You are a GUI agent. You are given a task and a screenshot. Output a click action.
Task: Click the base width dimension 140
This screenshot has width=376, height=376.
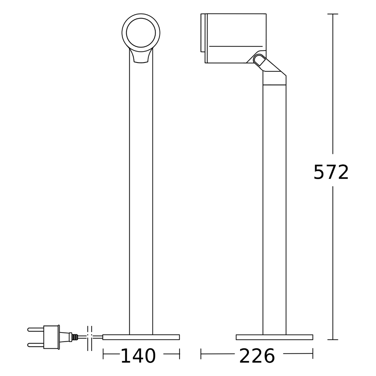pos(138,356)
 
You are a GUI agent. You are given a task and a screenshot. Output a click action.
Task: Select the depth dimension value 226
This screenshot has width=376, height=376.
pos(257,356)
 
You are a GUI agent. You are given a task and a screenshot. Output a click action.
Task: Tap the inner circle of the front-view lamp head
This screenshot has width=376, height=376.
pos(141,33)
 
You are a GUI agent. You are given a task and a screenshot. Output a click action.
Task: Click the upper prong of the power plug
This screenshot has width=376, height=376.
pos(36,329)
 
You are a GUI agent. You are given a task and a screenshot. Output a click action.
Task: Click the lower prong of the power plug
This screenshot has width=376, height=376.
pos(36,345)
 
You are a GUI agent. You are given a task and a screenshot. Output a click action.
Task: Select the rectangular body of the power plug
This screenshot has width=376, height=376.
pos(51,337)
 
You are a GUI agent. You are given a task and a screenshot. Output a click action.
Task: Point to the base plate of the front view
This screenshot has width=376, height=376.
pos(141,337)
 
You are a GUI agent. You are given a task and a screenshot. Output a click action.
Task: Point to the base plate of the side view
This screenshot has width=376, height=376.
pos(274,337)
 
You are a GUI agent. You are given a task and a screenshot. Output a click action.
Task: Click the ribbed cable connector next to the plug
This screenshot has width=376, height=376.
pos(75,337)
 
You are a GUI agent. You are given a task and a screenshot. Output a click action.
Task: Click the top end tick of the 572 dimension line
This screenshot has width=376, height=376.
pos(332,14)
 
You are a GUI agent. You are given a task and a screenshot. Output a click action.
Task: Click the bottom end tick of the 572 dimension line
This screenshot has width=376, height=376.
pos(332,339)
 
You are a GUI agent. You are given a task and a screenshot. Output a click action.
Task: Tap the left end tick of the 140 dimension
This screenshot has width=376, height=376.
pos(103,354)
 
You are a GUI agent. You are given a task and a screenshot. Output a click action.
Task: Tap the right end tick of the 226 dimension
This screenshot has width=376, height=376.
pos(313,353)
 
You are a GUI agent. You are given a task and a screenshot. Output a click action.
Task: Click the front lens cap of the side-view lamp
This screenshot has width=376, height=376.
pos(203,33)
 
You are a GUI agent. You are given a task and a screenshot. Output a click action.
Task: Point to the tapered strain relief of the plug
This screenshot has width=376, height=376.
pos(64,337)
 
